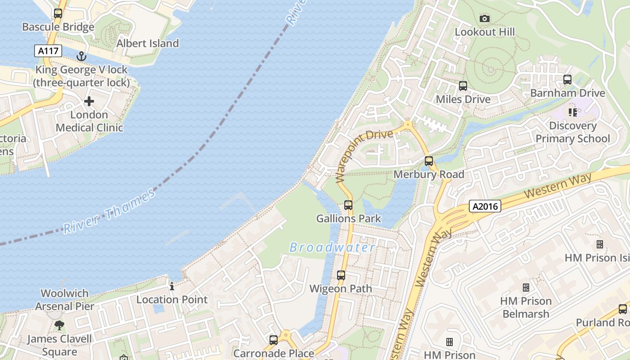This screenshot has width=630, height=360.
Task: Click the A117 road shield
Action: click(48, 51)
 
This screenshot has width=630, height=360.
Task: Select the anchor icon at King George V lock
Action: click(81, 56)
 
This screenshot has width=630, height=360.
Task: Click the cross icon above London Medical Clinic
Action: click(89, 101)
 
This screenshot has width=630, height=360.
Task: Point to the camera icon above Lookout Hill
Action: click(485, 18)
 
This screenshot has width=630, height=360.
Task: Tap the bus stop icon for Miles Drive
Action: click(463, 86)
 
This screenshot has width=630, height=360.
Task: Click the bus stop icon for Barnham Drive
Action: click(567, 80)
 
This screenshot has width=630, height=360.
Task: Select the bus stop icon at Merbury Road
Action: click(429, 161)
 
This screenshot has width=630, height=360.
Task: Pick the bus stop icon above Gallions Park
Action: click(348, 205)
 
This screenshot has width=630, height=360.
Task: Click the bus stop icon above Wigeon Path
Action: click(341, 275)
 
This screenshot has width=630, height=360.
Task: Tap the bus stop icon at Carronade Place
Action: click(274, 340)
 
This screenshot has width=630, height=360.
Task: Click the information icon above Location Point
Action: click(171, 286)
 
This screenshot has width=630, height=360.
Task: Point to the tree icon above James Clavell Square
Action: click(59, 325)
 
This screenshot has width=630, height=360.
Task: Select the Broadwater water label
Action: click(332, 247)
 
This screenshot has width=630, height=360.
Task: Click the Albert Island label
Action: click(148, 43)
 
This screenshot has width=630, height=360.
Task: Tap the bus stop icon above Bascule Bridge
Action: click(58, 13)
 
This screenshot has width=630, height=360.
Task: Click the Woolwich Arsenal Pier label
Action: click(65, 300)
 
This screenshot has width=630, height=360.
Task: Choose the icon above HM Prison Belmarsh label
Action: click(526, 287)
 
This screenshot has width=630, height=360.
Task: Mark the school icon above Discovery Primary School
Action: click(572, 112)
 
